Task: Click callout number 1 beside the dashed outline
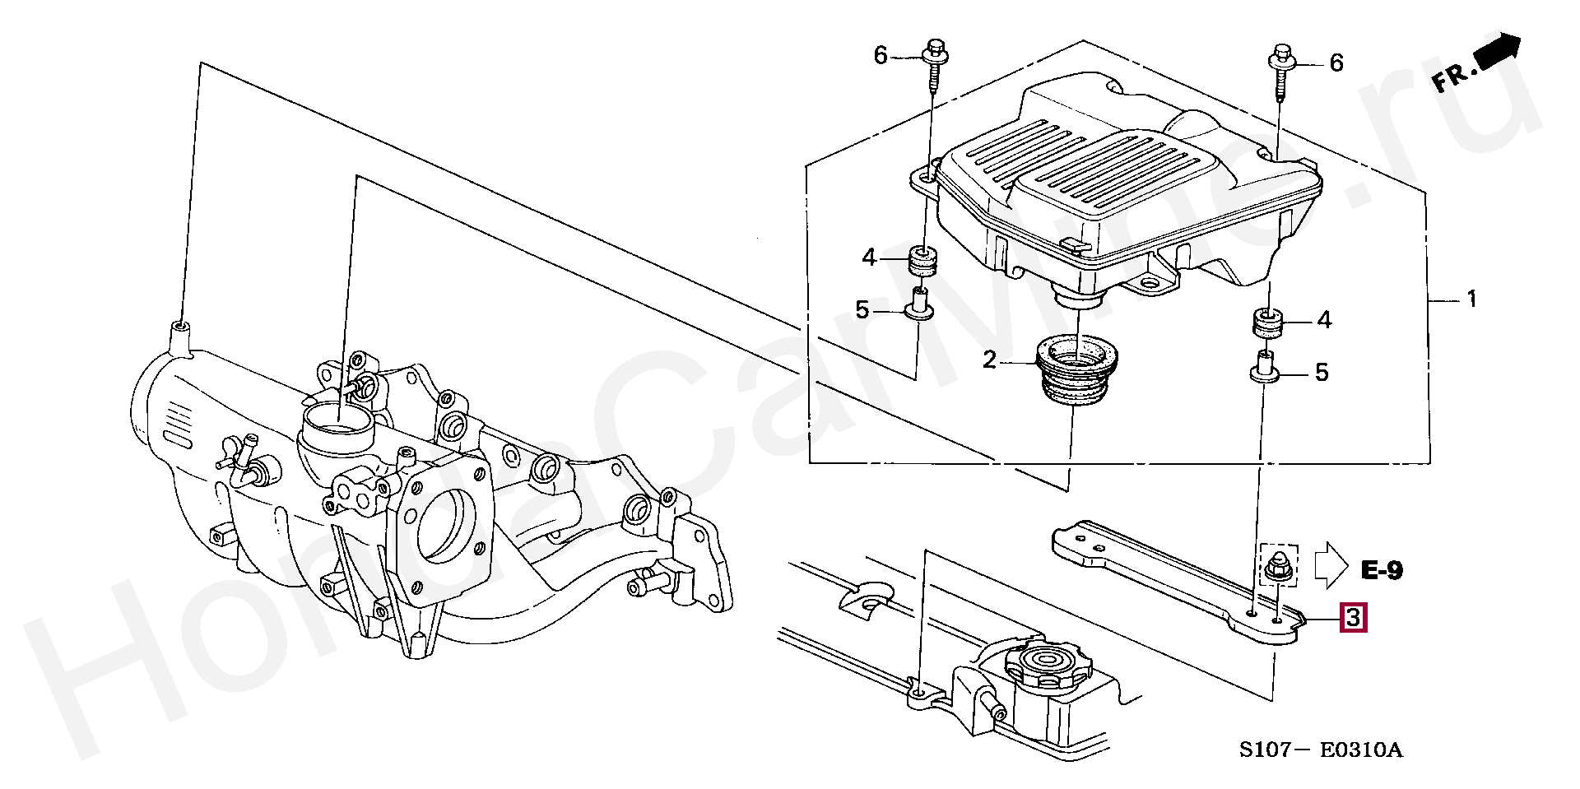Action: tap(1471, 299)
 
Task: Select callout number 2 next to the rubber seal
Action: tap(989, 360)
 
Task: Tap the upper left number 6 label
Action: tap(881, 55)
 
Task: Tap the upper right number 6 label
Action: tap(1336, 62)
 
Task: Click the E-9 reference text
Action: tap(1382, 570)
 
